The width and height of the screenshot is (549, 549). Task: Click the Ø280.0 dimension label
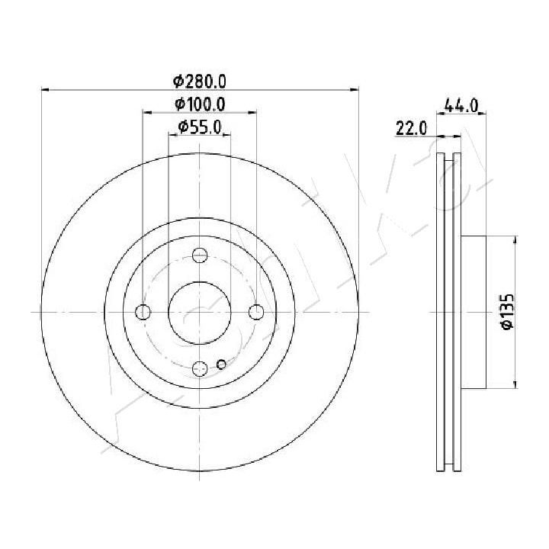tap(200, 82)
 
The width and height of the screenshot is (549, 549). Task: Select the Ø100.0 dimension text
tap(200, 104)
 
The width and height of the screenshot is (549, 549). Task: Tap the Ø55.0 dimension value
tap(200, 127)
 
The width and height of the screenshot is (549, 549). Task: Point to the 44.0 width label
tap(461, 105)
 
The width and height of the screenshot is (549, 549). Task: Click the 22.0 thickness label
tap(412, 128)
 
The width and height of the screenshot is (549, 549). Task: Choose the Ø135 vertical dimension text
tap(507, 311)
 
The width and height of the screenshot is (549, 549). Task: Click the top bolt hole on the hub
tap(200, 255)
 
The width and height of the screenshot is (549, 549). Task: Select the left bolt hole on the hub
tap(143, 312)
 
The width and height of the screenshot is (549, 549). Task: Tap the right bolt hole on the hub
tap(257, 312)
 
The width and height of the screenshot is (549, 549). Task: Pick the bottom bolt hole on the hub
tap(200, 369)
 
